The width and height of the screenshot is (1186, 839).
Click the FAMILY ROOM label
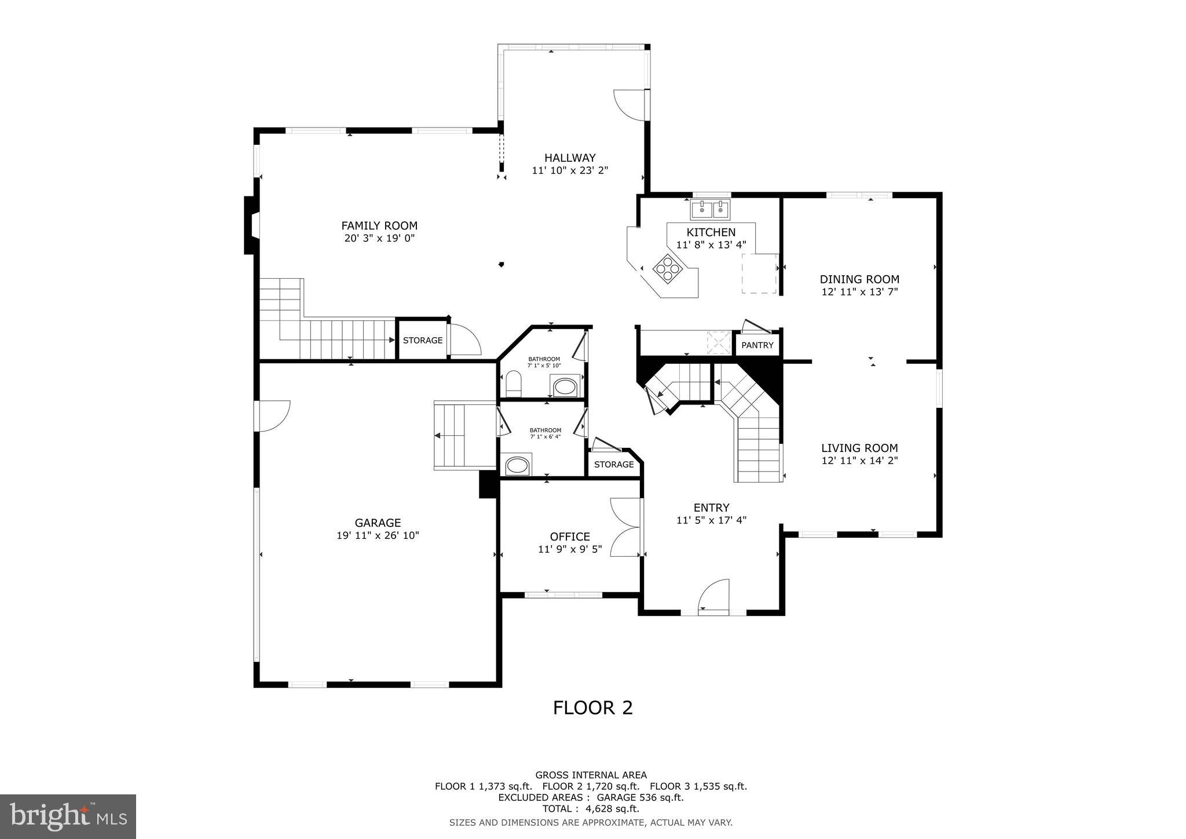click(x=379, y=226)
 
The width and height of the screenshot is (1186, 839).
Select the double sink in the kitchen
click(x=710, y=209)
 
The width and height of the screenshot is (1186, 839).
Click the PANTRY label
click(x=757, y=345)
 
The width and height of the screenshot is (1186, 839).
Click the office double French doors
click(x=625, y=527)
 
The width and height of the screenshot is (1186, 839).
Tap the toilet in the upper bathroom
click(x=513, y=384)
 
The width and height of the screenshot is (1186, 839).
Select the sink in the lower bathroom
click(x=517, y=465)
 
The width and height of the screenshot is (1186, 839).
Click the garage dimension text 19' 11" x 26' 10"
click(x=378, y=536)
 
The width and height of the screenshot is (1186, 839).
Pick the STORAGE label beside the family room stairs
click(x=423, y=340)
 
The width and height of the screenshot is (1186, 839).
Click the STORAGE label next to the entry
click(x=614, y=465)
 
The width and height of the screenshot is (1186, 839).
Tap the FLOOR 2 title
click(x=592, y=707)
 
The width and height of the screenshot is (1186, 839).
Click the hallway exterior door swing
click(x=629, y=105)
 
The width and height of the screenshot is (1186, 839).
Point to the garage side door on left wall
click(x=272, y=415)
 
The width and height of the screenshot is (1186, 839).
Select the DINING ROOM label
click(x=859, y=279)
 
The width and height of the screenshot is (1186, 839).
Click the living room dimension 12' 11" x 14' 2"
click(x=859, y=461)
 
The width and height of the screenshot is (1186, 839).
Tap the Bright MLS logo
click(x=68, y=817)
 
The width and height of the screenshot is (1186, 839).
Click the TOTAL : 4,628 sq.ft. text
click(x=591, y=808)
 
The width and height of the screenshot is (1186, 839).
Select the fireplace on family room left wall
click(x=251, y=225)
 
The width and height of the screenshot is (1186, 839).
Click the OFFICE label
click(x=570, y=537)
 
